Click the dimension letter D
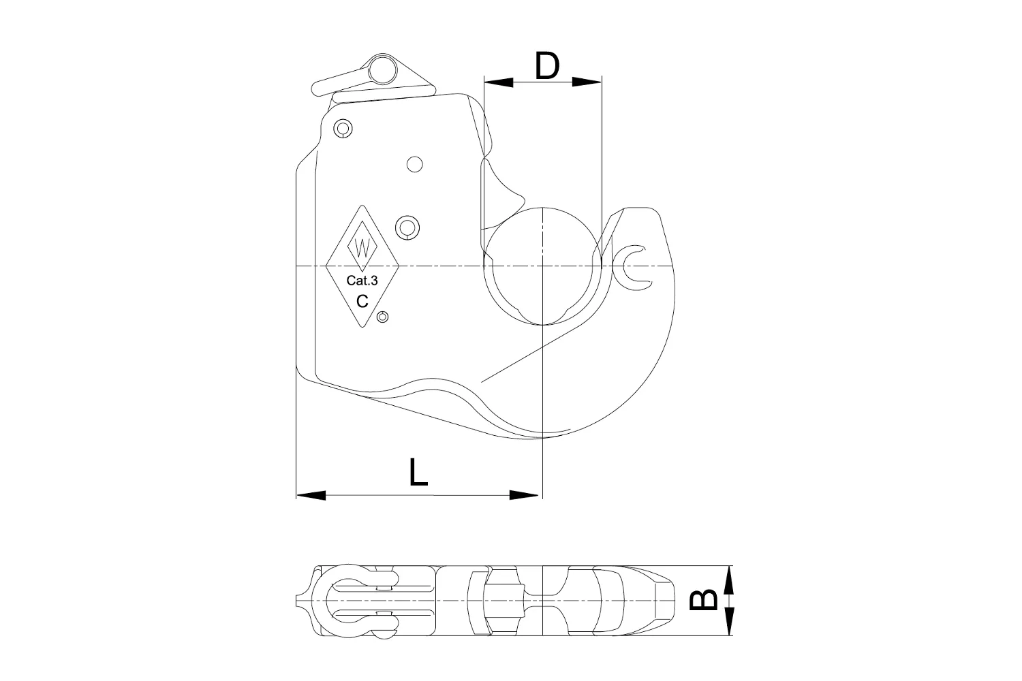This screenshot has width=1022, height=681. coord(546,66)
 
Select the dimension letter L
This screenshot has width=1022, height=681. coord(418,472)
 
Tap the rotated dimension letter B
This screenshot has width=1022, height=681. coord(704,599)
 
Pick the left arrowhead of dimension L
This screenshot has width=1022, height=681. coord(311,495)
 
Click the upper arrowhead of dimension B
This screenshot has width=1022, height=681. coord(728,580)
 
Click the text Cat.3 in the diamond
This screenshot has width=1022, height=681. coord(362,280)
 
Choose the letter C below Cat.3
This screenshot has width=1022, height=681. coord(362,300)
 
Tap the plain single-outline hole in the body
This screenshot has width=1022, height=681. coord(414,164)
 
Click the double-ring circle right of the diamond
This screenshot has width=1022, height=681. coord(407,227)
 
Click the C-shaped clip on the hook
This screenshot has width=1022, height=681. coord(632,264)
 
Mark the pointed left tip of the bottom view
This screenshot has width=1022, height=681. coord(298,601)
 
